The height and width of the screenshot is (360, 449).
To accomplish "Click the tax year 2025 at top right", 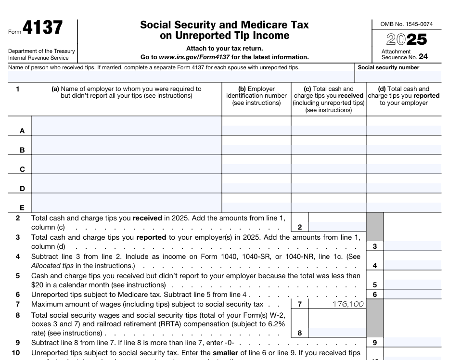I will click(x=407, y=39).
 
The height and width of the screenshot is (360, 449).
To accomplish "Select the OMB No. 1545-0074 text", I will click(x=406, y=24).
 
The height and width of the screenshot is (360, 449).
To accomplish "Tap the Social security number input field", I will click(x=398, y=76).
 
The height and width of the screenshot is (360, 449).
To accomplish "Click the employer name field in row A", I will click(x=126, y=130).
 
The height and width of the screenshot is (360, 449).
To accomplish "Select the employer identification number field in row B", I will click(x=256, y=150).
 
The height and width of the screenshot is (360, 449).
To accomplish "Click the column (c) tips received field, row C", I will click(x=328, y=169).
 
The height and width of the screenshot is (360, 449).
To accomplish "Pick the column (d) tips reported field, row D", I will click(x=403, y=188).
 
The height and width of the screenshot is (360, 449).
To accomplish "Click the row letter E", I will click(x=22, y=208).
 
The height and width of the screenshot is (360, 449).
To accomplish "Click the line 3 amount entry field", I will click(x=412, y=246).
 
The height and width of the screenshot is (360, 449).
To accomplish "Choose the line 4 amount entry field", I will click(x=412, y=265).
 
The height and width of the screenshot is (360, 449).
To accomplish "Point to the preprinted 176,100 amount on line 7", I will click(x=348, y=304).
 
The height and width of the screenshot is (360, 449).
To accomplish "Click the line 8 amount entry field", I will click(x=336, y=333).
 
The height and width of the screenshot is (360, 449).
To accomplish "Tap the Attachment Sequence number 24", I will click(x=423, y=57).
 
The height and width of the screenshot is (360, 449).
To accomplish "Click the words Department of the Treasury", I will click(x=41, y=51).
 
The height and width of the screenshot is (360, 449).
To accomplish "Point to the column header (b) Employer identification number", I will click(x=256, y=96).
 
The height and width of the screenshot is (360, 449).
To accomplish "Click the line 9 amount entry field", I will click(x=412, y=343).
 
